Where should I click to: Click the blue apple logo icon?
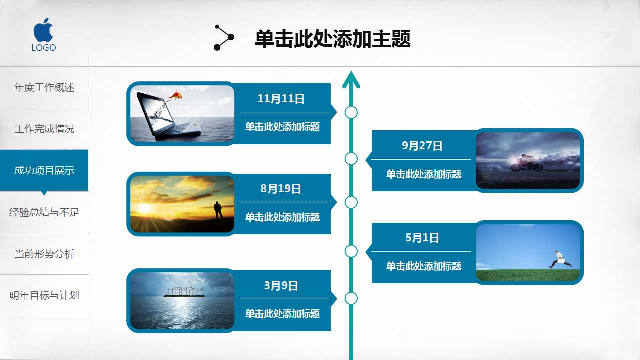click(44, 30)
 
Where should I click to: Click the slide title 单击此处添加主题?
click(332, 39)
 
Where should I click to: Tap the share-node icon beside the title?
click(223, 38)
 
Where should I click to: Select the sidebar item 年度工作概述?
click(44, 87)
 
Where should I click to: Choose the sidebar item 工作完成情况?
click(44, 129)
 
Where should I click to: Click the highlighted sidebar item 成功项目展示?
click(44, 170)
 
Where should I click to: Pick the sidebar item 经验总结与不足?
click(44, 212)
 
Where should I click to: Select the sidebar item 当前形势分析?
click(44, 254)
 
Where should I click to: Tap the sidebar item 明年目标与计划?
click(44, 295)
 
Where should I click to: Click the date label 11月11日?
click(281, 99)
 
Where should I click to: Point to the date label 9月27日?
click(422, 146)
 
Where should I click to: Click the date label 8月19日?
click(281, 189)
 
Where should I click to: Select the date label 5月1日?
click(422, 238)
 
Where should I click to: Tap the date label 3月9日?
click(281, 286)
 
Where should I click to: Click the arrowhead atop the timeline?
click(351, 79)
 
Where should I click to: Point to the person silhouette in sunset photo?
click(218, 210)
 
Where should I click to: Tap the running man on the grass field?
click(560, 259)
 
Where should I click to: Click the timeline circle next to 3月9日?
click(351, 299)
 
